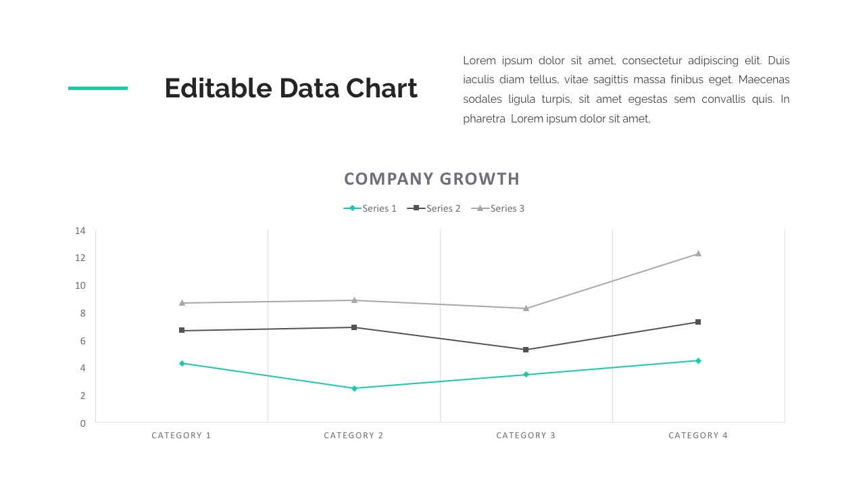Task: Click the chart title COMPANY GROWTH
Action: point(432,179)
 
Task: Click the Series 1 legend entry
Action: point(370,208)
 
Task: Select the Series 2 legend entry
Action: point(434,208)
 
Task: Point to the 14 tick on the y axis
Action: point(80,231)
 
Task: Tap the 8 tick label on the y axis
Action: point(82,313)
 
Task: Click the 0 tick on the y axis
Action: point(83,423)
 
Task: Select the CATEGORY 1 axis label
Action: point(181,436)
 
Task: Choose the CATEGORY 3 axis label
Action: point(526,436)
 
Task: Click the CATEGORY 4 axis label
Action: point(698,436)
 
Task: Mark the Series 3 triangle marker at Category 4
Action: point(698,254)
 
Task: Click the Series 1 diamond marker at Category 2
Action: point(354,388)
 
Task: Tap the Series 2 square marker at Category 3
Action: point(526,350)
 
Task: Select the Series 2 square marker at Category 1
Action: point(182,330)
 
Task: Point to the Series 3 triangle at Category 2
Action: point(354,300)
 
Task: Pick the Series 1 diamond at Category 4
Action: point(698,361)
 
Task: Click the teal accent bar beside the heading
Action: point(98,88)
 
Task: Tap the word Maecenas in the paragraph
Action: point(764,80)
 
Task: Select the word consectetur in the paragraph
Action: point(651,61)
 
